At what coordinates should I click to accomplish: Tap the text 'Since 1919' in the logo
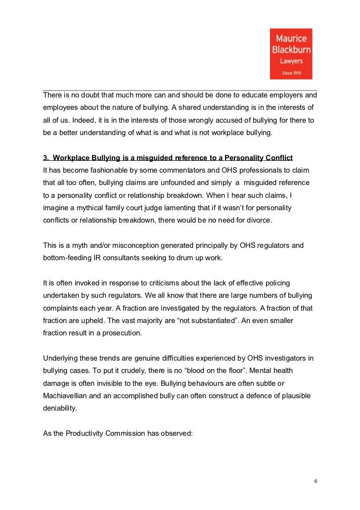click(292, 73)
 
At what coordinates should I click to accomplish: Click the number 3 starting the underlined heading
click(45, 158)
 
